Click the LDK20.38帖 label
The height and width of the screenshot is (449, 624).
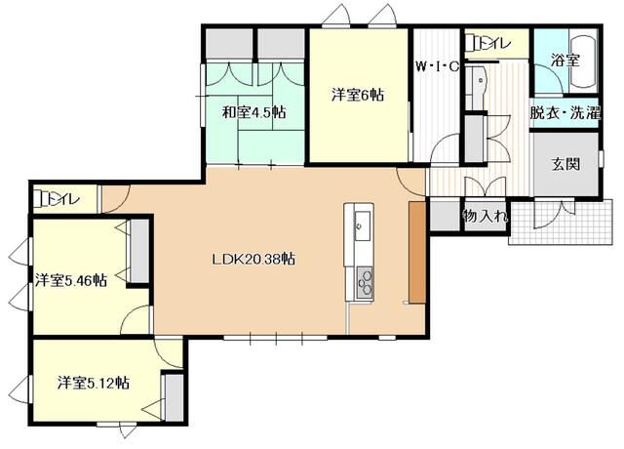tap(253, 260)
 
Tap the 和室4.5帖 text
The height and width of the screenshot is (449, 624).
tap(253, 112)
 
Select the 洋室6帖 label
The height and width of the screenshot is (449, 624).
tap(358, 96)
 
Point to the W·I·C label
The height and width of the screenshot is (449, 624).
tap(438, 65)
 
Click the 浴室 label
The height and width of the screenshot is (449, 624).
tap(565, 61)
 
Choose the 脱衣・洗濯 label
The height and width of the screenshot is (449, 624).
tap(565, 113)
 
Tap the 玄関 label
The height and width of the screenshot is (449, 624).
tap(565, 164)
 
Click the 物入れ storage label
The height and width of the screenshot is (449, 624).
tap(485, 217)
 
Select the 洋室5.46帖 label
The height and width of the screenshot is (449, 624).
tap(71, 280)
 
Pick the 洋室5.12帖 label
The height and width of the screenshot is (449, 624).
tap(94, 384)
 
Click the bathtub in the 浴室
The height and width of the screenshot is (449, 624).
tap(583, 62)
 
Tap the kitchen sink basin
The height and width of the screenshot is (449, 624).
tap(363, 225)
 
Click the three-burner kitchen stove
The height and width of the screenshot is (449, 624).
tap(365, 282)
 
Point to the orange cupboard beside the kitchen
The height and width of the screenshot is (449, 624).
tap(416, 253)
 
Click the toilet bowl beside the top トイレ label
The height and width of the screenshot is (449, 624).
tap(473, 43)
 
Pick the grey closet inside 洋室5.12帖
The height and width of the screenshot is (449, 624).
tap(175, 397)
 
